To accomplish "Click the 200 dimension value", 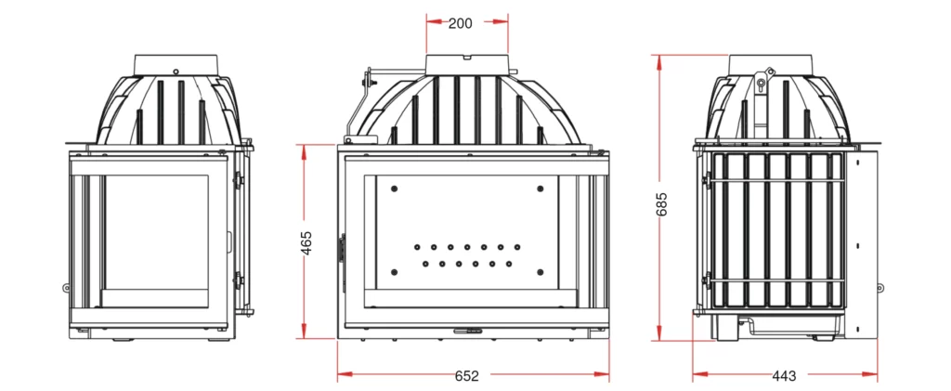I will pos(460,23).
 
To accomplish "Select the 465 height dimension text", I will pos(306,241).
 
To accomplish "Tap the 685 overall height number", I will pos(661,203).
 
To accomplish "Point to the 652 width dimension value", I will pos(467,376).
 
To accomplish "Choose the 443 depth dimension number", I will pos(784,376).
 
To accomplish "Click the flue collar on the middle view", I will pos(467,64).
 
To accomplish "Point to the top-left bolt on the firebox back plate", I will pos(396,188).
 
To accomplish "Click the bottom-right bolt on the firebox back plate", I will pos(540,272).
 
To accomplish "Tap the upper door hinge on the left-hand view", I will pos(239,178).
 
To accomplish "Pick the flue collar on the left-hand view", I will pos(176,63).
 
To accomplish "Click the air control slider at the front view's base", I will pos(467,330).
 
